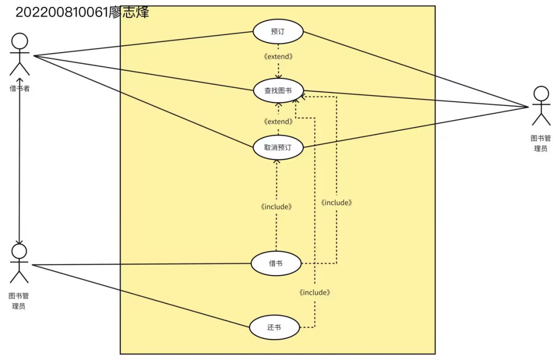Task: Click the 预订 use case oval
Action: pyautogui.click(x=278, y=31)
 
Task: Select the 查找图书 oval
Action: pyautogui.click(x=278, y=90)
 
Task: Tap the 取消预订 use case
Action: pyautogui.click(x=278, y=147)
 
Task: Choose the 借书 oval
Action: pyautogui.click(x=276, y=263)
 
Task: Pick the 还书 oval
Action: pyautogui.click(x=274, y=327)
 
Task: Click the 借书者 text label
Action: pyautogui.click(x=19, y=88)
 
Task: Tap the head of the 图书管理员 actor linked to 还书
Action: pyautogui.click(x=19, y=250)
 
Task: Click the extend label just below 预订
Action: pyautogui.click(x=278, y=56)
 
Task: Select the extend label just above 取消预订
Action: pyautogui.click(x=278, y=121)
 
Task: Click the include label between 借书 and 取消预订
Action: pyautogui.click(x=276, y=206)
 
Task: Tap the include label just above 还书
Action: pyautogui.click(x=315, y=292)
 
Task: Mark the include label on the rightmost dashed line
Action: pyautogui.click(x=337, y=202)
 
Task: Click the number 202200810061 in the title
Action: pyautogui.click(x=62, y=12)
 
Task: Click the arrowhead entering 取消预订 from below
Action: pyautogui.click(x=276, y=161)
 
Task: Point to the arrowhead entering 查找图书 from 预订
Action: pyautogui.click(x=278, y=75)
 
